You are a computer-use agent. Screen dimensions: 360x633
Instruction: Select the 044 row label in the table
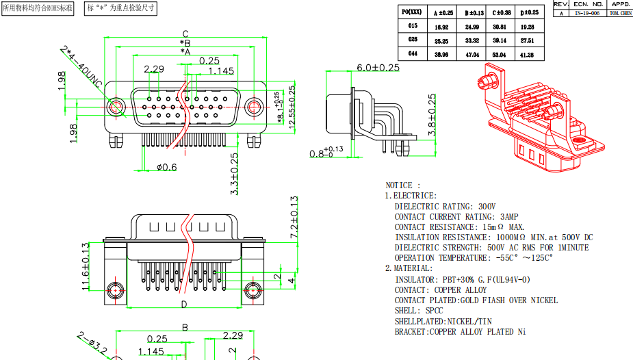(413, 53)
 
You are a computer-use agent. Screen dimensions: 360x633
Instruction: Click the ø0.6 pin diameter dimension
(166, 167)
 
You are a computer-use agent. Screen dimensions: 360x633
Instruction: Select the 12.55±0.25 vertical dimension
(292, 108)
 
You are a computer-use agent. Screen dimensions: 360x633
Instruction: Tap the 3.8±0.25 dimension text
(432, 115)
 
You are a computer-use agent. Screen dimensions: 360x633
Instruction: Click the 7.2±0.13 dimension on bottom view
(294, 217)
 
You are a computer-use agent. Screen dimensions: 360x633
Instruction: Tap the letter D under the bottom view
(183, 305)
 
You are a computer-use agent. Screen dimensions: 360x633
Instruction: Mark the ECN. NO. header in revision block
(588, 4)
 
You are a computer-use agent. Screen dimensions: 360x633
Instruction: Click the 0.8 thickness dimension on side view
(325, 154)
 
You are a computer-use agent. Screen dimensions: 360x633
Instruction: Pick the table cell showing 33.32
(471, 40)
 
